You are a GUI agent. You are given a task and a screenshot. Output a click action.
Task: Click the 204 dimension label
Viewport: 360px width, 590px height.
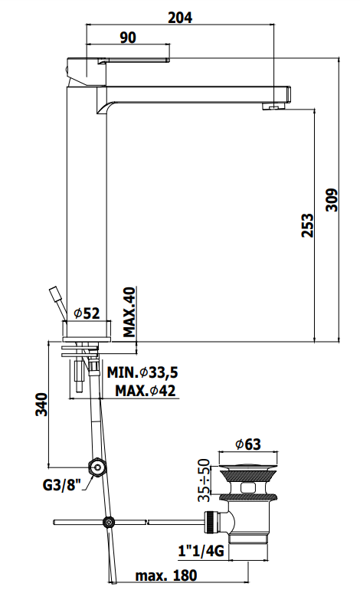(180, 18)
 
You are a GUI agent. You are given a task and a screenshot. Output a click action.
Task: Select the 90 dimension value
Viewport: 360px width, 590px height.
(128, 38)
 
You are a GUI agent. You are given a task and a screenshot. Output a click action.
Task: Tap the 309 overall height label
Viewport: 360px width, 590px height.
(332, 200)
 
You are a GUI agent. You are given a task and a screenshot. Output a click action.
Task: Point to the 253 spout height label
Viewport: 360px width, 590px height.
(307, 225)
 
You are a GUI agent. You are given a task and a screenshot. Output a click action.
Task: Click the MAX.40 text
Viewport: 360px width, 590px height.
(129, 312)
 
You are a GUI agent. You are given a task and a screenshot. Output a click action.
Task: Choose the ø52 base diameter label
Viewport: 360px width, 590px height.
(87, 313)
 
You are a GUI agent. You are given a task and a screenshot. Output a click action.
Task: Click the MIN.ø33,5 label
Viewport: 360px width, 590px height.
(142, 372)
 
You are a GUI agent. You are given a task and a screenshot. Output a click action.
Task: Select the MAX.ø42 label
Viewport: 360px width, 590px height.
(146, 391)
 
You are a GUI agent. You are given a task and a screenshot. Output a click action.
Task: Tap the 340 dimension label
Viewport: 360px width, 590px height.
(42, 405)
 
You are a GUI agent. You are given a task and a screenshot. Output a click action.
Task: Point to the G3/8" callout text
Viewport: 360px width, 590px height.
(62, 484)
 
